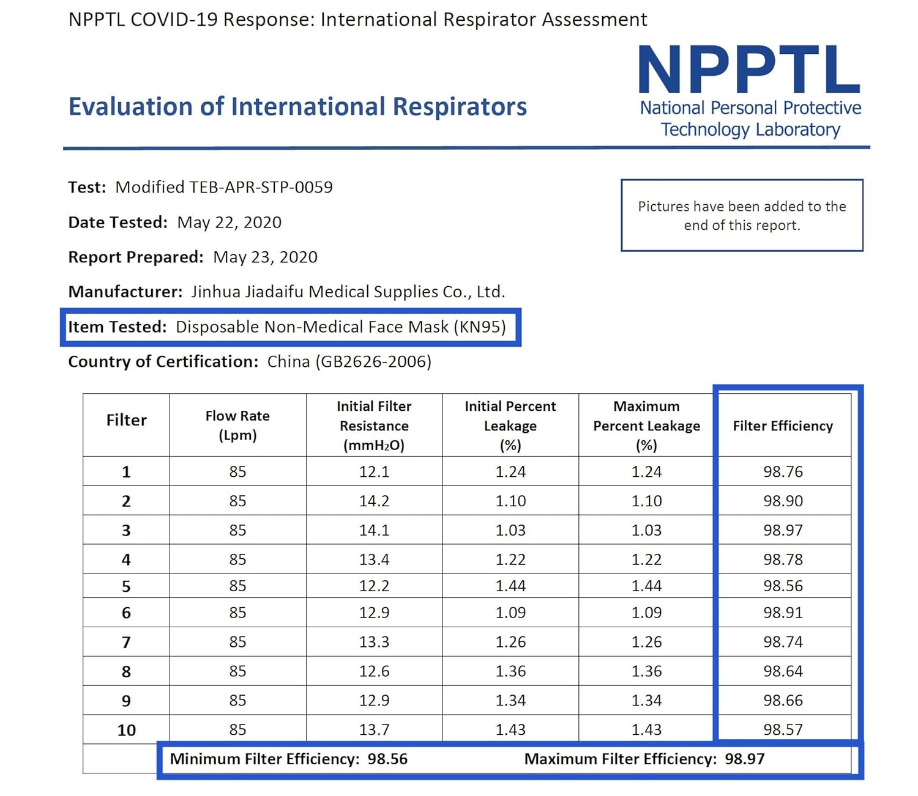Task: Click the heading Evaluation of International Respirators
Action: (x=297, y=107)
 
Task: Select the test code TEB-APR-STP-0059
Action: (x=261, y=187)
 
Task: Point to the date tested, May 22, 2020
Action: (x=229, y=223)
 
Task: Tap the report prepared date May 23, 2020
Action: (x=265, y=257)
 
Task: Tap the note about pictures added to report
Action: (x=742, y=216)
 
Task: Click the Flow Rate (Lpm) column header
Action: (x=237, y=426)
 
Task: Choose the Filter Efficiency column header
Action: (x=783, y=426)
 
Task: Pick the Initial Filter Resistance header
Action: (x=374, y=426)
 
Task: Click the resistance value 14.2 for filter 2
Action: (x=374, y=501)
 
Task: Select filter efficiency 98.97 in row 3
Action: (x=783, y=530)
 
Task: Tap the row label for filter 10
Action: (x=127, y=730)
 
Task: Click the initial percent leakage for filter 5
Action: (x=510, y=586)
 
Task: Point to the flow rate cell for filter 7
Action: (x=237, y=642)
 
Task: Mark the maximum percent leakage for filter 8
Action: (x=646, y=671)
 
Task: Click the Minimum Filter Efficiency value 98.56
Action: (x=387, y=759)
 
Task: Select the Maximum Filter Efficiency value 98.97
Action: (x=745, y=759)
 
